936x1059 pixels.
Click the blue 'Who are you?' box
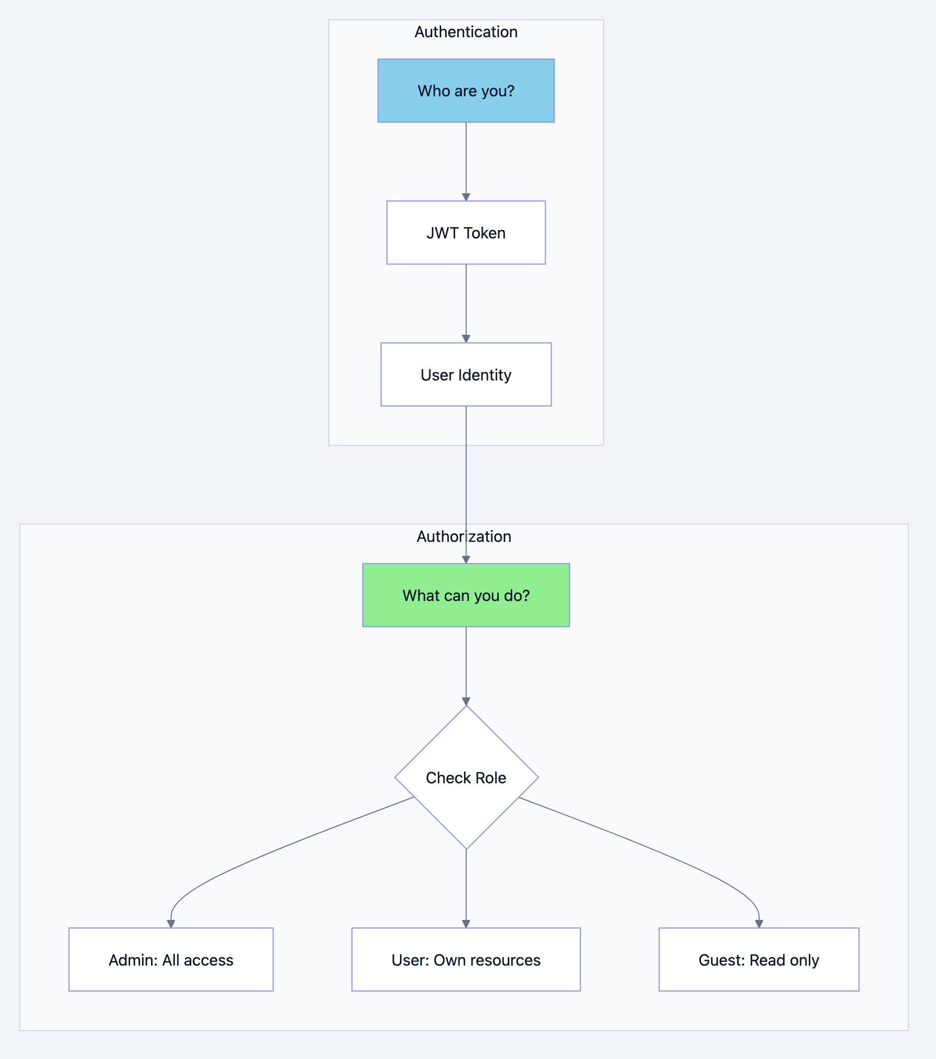[x=466, y=91]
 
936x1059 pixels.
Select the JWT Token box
[x=466, y=232]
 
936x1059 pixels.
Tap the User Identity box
[x=466, y=375]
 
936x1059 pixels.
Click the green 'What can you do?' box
[x=466, y=595]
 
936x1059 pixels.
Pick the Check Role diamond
[x=466, y=778]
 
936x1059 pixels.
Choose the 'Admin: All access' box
[x=171, y=960]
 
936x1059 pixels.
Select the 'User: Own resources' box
[x=466, y=960]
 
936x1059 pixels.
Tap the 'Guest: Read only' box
[x=759, y=960]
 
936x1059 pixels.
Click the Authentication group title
[x=466, y=32]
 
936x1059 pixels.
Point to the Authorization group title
[x=464, y=537]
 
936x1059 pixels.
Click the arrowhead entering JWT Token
[x=466, y=197]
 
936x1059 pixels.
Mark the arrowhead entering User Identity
[x=466, y=339]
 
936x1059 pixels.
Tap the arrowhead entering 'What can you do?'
[x=466, y=559]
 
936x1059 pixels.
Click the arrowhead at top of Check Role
[x=466, y=701]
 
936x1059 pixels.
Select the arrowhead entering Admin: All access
[x=171, y=924]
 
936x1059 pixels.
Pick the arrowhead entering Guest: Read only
[x=759, y=924]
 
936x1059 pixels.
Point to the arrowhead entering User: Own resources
[x=466, y=924]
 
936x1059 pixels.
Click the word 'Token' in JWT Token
[x=484, y=233]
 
